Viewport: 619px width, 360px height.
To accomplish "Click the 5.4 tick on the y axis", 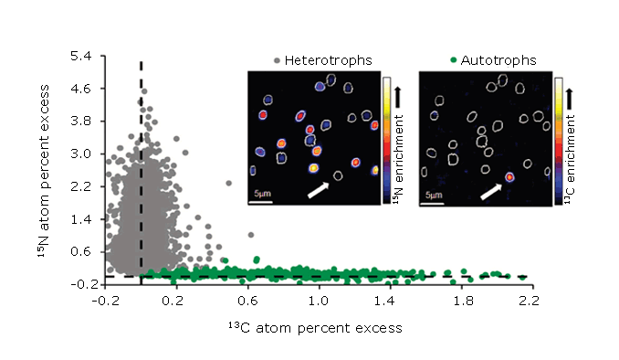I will click(x=84, y=56).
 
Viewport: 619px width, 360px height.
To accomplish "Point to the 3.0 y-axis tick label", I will click(x=84, y=154).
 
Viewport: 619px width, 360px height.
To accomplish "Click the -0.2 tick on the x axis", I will click(x=107, y=299).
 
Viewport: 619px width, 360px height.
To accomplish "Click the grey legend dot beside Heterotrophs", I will click(x=278, y=60).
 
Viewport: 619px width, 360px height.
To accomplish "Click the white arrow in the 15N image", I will click(x=318, y=188).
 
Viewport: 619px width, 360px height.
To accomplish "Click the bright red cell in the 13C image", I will click(x=510, y=177).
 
